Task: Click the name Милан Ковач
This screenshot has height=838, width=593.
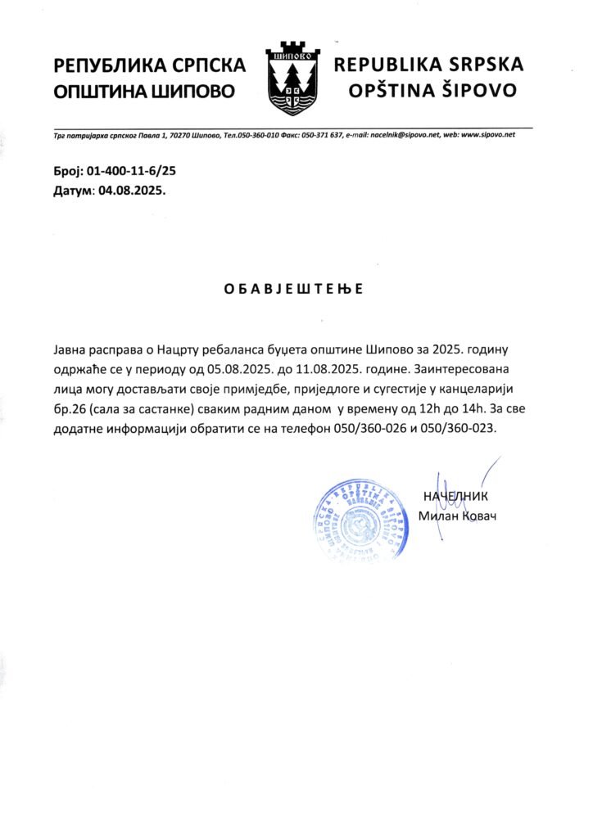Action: pos(457,516)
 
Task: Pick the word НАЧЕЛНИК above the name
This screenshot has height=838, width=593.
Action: pos(455,496)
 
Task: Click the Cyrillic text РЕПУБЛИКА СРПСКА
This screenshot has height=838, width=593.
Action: pos(149,65)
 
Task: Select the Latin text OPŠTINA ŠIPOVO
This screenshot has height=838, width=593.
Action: pos(433,90)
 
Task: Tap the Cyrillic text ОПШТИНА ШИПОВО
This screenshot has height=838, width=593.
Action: pos(144,91)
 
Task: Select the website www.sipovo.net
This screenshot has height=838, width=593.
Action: pos(488,134)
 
